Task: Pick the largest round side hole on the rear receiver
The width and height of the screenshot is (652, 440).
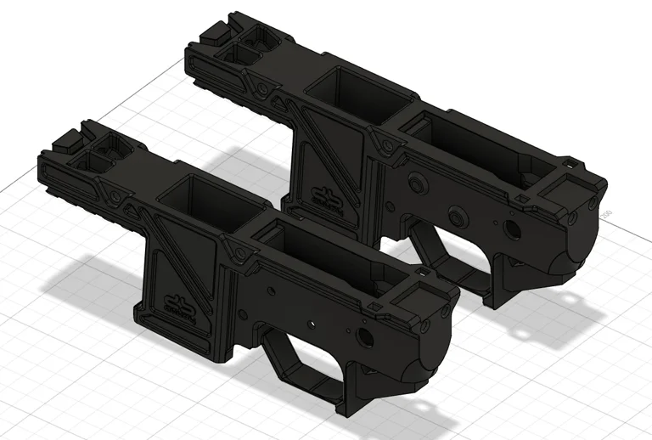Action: (514, 228)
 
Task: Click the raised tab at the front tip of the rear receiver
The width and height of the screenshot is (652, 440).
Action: (213, 31)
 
